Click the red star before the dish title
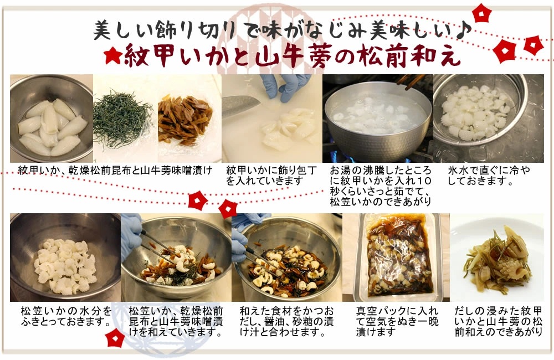point(113,56)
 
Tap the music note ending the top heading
point(464,30)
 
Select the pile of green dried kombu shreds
point(122,119)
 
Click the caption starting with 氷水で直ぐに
point(489,176)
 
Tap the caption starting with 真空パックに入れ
point(397,321)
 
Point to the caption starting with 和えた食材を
point(286,321)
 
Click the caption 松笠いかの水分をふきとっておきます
point(66,317)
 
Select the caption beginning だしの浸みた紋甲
point(498,321)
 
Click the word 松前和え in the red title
point(410,56)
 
